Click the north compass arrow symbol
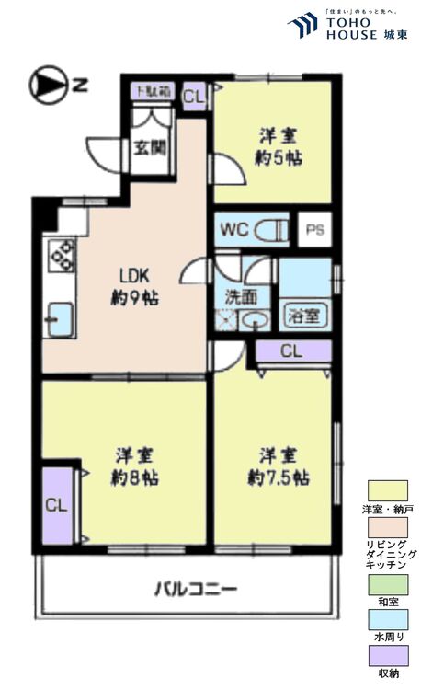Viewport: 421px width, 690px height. [46, 86]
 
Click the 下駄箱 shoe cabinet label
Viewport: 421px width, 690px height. [152, 91]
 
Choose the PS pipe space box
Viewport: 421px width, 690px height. [314, 229]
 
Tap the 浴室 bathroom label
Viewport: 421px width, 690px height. [303, 315]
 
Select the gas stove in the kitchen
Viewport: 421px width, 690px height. [61, 255]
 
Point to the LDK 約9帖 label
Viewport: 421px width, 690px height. [126, 286]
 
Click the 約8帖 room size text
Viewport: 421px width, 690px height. [134, 478]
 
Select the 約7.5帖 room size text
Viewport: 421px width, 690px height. [277, 478]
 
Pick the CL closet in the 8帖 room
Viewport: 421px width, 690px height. [55, 505]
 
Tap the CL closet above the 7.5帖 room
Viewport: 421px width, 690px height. [290, 351]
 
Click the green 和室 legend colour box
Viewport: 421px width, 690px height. [387, 582]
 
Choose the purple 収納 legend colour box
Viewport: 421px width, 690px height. [387, 654]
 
